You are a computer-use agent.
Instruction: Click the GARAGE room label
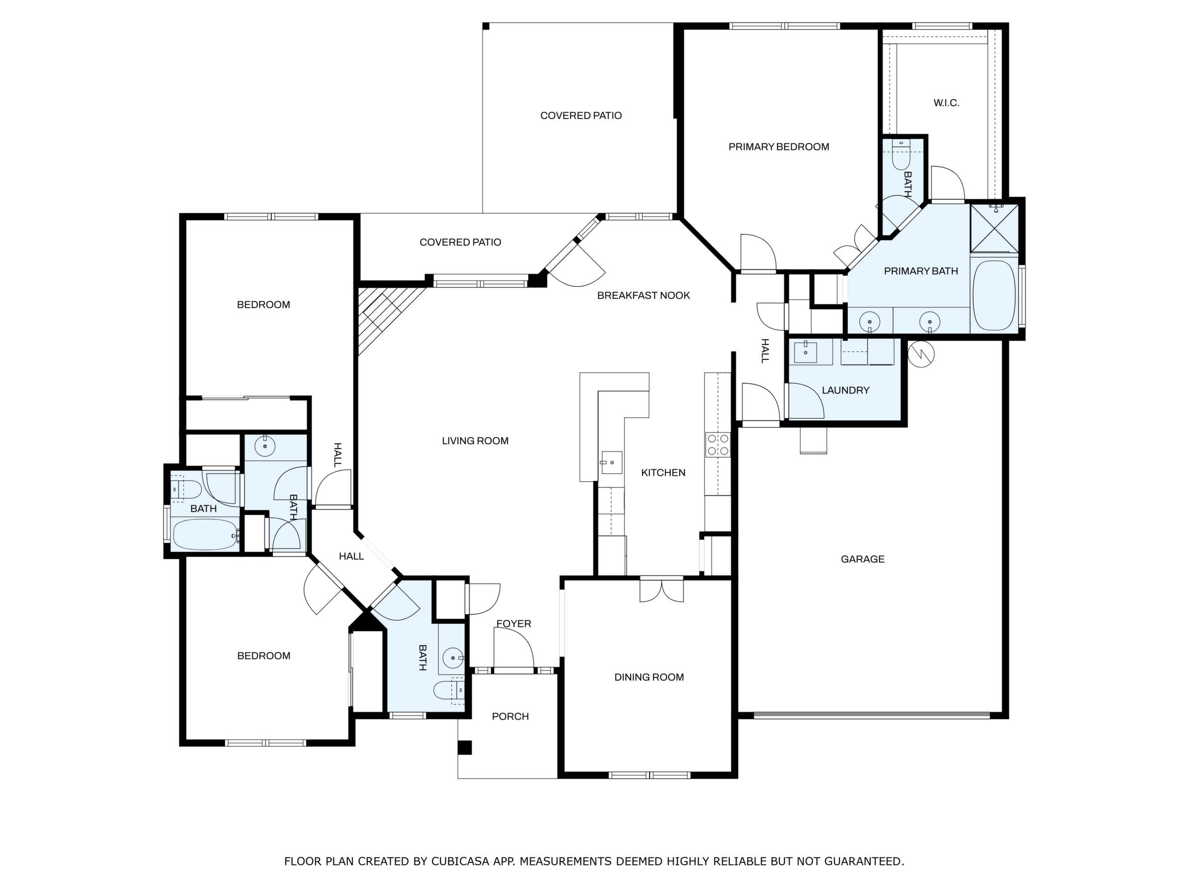coord(862,559)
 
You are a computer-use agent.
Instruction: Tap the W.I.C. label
coord(946,103)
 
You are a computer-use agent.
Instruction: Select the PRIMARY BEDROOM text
coord(778,147)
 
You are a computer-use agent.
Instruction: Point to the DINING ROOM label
coord(649,678)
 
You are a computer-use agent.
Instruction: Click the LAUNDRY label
coord(846,390)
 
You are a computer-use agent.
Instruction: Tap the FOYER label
coord(514,624)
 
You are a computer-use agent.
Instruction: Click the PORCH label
coord(510,716)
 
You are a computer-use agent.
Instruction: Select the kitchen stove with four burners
coord(717,445)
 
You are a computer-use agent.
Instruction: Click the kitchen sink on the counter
coord(611,462)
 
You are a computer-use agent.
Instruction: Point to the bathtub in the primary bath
coord(994,295)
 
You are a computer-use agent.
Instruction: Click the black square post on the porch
coord(464,748)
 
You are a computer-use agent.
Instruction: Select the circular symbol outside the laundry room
coord(920,354)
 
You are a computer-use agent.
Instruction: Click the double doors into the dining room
coord(662,590)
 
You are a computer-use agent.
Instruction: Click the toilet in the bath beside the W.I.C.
coord(901,156)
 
